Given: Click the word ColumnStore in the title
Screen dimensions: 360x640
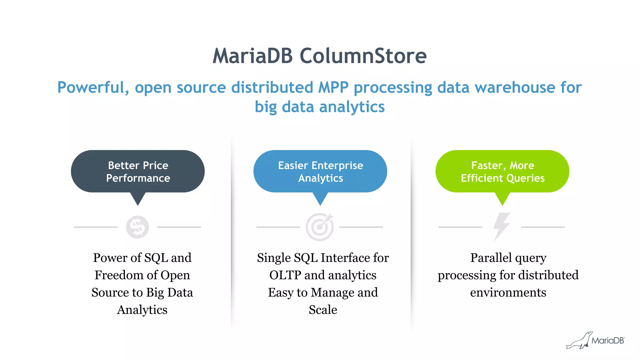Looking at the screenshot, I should pyautogui.click(x=363, y=56).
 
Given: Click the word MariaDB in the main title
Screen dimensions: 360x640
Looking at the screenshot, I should pyautogui.click(x=252, y=56).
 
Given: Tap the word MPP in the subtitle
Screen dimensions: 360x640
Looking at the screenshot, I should pyautogui.click(x=333, y=87).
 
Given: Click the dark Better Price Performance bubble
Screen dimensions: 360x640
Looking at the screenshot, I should pyautogui.click(x=138, y=171).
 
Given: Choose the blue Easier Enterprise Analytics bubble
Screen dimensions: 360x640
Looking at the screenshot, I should pyautogui.click(x=320, y=171).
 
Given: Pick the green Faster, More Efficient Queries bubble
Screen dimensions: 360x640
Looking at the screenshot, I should pyautogui.click(x=502, y=171).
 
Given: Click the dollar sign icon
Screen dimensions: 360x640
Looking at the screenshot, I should pyautogui.click(x=137, y=227).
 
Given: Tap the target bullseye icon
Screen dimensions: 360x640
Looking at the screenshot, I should pyautogui.click(x=320, y=227).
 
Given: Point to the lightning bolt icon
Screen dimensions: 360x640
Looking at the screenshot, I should pyautogui.click(x=502, y=227).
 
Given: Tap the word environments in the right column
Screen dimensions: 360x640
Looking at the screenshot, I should pyautogui.click(x=508, y=292).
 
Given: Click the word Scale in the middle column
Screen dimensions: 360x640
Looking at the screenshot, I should pyautogui.click(x=323, y=310).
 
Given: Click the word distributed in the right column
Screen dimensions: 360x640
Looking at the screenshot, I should pyautogui.click(x=548, y=275).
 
